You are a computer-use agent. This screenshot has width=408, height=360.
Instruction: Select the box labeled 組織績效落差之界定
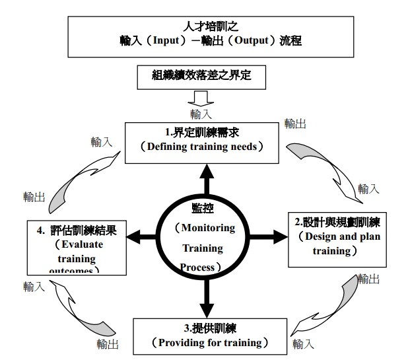tap(202, 77)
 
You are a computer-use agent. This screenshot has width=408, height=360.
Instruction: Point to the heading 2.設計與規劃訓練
tap(338, 221)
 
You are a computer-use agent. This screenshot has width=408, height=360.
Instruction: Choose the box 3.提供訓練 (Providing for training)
tap(201, 336)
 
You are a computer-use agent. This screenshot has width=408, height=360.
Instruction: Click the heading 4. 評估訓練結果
tap(77, 231)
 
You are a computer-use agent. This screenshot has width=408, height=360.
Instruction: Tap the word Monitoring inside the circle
tap(205, 228)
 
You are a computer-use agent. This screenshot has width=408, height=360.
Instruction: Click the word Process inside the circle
tap(197, 268)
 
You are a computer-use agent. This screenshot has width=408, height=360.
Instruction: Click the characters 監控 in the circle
tap(202, 207)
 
